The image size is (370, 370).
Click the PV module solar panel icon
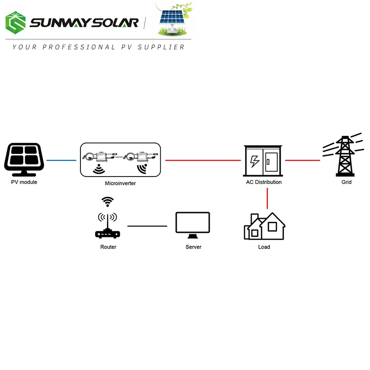(24, 159)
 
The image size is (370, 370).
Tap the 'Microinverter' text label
(120, 183)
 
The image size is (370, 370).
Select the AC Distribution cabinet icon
(263, 161)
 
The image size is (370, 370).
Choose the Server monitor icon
(193, 225)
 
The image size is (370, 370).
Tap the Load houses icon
(264, 226)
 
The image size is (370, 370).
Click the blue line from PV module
(61, 160)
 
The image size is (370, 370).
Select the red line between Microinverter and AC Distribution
(203, 160)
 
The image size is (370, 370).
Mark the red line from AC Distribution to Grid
(302, 160)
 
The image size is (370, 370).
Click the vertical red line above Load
(267, 198)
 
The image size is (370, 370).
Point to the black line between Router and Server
(147, 226)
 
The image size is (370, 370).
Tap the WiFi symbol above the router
(108, 202)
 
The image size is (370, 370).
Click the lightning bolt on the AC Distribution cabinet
(255, 162)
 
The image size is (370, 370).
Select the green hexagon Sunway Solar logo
(16, 23)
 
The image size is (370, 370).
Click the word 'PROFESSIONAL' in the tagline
(79, 47)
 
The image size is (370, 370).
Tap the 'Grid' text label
(346, 182)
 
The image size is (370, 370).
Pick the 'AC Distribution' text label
(264, 182)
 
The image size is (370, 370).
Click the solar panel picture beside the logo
(174, 19)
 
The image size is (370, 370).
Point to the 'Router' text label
(109, 247)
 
